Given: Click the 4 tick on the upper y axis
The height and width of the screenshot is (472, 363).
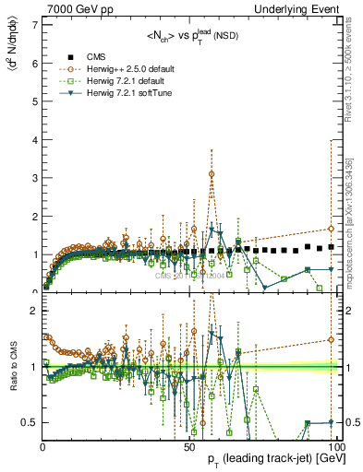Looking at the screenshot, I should (x=35, y=137).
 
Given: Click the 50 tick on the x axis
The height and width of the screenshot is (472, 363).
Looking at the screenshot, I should (x=188, y=445).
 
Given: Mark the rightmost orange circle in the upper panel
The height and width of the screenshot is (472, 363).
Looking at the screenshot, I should (x=331, y=229).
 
